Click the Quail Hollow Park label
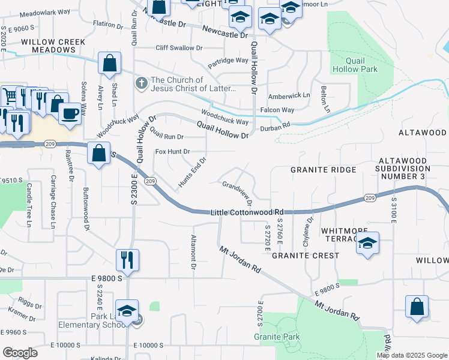361,65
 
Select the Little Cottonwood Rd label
247,212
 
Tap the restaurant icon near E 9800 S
127,260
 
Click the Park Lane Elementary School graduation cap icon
127,311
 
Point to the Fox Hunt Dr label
172,152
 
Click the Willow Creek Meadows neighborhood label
52,46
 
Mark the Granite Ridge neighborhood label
323,170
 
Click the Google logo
20,353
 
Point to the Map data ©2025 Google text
411,355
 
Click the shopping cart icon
10,95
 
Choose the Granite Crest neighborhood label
305,256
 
